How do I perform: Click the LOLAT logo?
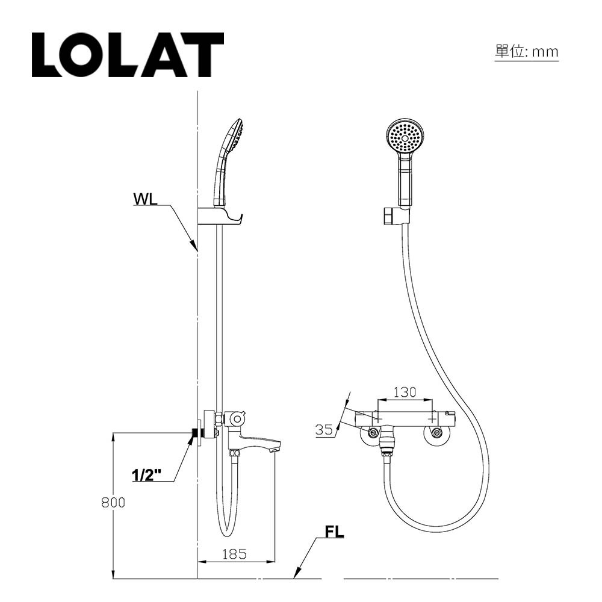pyautogui.click(x=127, y=55)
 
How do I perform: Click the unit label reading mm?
pyautogui.click(x=526, y=52)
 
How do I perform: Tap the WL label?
pyautogui.click(x=145, y=199)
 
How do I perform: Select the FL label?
pyautogui.click(x=334, y=532)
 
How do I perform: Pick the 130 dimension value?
pyautogui.click(x=405, y=392)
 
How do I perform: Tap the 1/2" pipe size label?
pyautogui.click(x=146, y=475)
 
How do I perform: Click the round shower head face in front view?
pyautogui.click(x=405, y=138)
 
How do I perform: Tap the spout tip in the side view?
pyautogui.click(x=275, y=448)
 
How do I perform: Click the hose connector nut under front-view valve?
pyautogui.click(x=388, y=447)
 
